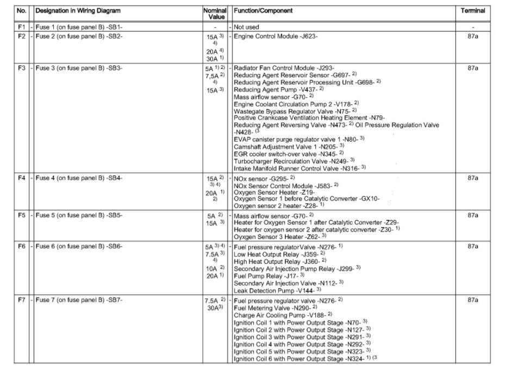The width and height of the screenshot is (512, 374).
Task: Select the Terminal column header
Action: coord(472,11)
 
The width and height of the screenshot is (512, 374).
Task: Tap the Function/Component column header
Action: coord(263,11)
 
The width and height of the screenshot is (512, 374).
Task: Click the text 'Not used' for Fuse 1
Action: coord(246,27)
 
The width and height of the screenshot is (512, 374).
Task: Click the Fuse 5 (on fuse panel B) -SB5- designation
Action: coord(79,215)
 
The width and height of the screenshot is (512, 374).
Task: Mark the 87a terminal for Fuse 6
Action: coord(472,246)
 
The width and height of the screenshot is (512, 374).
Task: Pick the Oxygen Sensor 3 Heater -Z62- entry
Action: coord(276,236)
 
